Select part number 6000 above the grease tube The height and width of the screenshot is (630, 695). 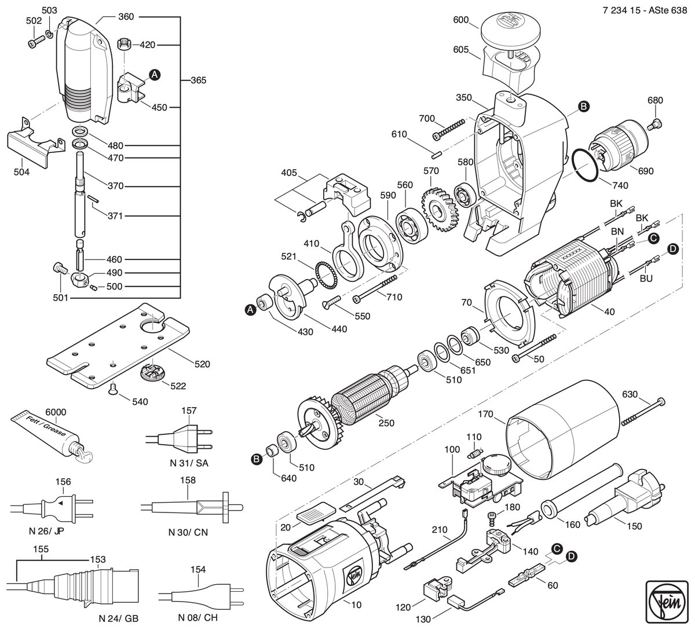(56, 412)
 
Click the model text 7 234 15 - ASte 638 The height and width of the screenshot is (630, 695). (645, 10)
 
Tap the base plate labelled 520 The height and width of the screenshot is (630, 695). (118, 346)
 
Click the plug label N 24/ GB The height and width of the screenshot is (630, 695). (119, 618)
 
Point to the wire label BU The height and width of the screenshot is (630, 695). (646, 279)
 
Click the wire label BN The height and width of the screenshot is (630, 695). (617, 231)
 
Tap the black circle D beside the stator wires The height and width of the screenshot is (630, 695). (673, 249)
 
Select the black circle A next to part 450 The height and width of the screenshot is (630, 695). (155, 75)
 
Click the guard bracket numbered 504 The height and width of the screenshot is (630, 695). (36, 142)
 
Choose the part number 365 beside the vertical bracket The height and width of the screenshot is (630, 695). (198, 80)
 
